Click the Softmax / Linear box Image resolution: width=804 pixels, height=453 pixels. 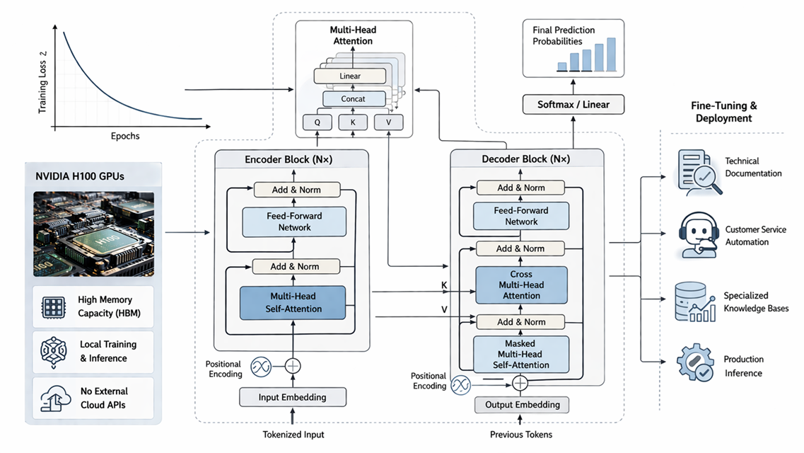(x=573, y=104)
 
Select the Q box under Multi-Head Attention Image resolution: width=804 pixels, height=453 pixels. (x=317, y=122)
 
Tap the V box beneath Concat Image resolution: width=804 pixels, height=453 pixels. (x=388, y=122)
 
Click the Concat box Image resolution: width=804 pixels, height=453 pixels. (x=354, y=98)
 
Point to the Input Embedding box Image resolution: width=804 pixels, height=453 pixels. (x=293, y=397)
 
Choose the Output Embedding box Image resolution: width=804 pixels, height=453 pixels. (x=522, y=405)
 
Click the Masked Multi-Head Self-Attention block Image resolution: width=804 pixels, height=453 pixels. (x=521, y=354)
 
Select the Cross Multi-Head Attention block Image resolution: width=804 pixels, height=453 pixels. (x=521, y=285)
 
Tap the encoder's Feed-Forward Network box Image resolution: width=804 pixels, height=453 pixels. (x=294, y=222)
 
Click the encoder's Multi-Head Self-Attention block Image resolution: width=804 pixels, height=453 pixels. (x=293, y=303)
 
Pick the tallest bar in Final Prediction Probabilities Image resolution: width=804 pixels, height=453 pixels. (x=611, y=55)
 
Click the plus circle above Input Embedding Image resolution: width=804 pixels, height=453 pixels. (x=293, y=366)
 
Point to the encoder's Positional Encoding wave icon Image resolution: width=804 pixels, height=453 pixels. (x=261, y=367)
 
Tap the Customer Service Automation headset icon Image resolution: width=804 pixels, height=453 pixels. (x=698, y=235)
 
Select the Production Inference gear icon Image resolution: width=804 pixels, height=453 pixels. (x=695, y=362)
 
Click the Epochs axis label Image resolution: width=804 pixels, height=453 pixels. (x=125, y=136)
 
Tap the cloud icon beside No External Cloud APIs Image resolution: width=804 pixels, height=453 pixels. (x=55, y=398)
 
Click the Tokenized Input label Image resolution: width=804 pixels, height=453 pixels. (x=293, y=435)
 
